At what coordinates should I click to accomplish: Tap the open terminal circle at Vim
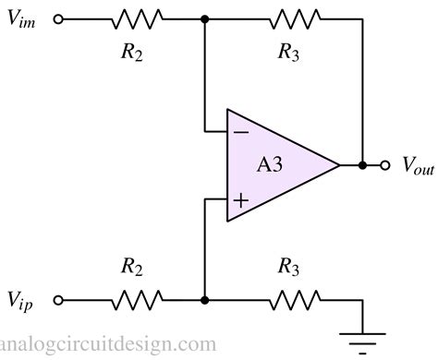tap(60, 18)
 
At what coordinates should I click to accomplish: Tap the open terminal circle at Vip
tap(60, 300)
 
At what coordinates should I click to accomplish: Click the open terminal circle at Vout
tap(385, 165)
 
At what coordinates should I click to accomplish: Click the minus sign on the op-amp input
tap(240, 132)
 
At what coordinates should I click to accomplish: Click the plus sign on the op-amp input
tap(240, 199)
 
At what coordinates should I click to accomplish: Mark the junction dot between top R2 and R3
tap(203, 18)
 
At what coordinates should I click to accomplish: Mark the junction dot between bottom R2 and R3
tap(203, 300)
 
